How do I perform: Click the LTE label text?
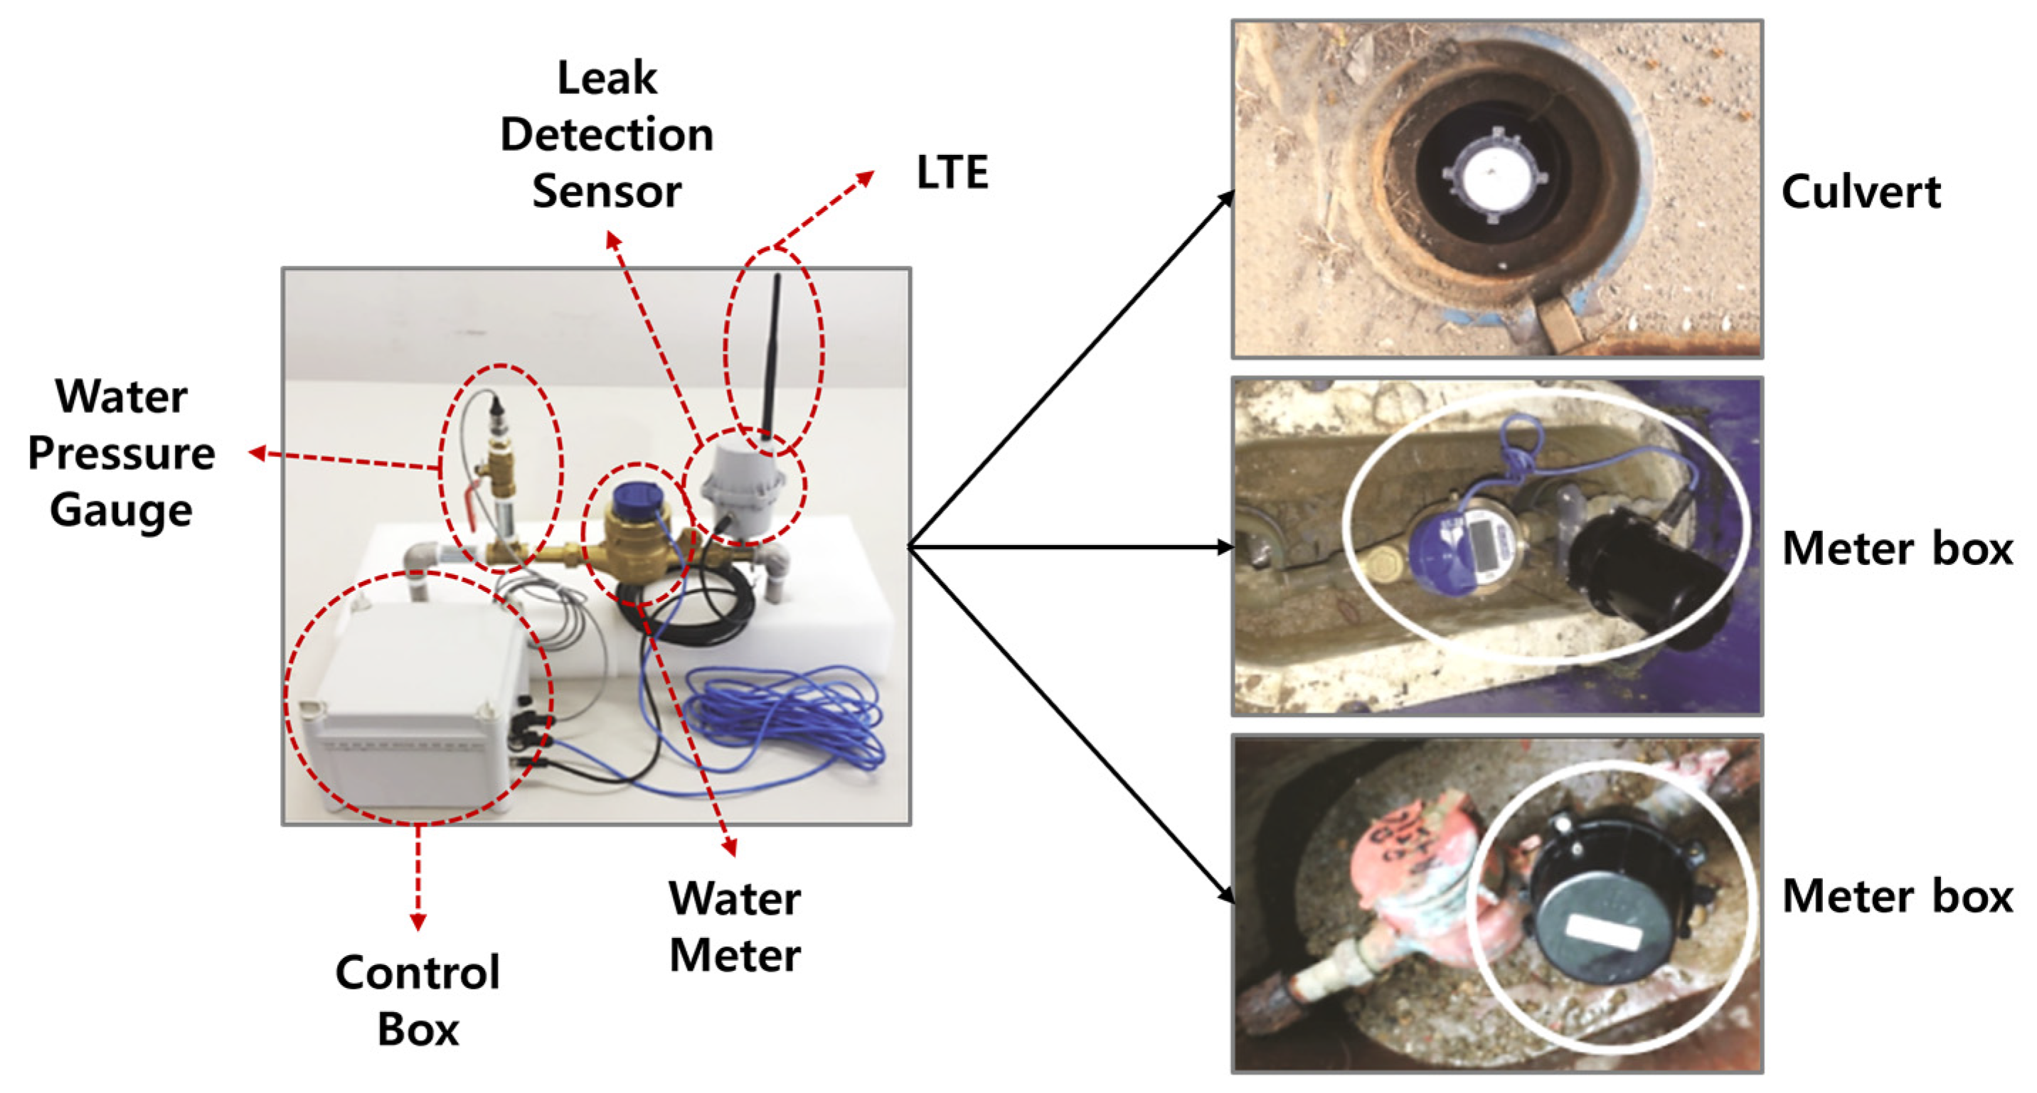[x=951, y=172]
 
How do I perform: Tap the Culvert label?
[x=1860, y=192]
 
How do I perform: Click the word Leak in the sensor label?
[x=607, y=77]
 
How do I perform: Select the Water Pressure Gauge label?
[x=121, y=453]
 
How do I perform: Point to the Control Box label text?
[x=417, y=1000]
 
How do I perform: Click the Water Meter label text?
[x=735, y=926]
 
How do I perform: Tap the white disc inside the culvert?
[x=1491, y=178]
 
